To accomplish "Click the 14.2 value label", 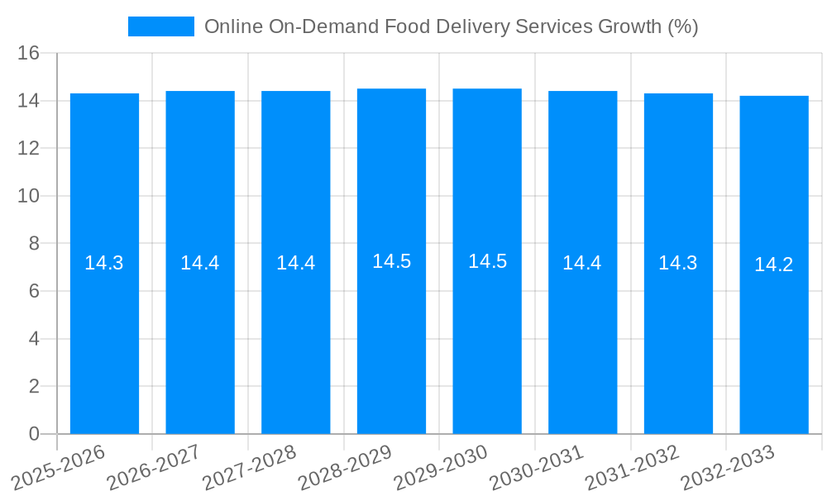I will coord(774,265).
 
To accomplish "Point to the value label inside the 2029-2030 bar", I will coord(487,261).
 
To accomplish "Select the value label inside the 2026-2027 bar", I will coord(200,263).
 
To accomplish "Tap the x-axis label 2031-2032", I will coord(633,467).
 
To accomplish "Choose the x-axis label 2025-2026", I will coord(59,467).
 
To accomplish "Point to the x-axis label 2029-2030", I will coord(441,467).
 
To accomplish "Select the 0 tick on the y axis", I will coord(34,434).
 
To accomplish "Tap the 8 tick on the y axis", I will coord(34,244).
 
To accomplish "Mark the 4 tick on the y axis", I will coord(34,339).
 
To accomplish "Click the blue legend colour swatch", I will coord(161,26).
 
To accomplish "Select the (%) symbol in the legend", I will coord(683,26).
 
